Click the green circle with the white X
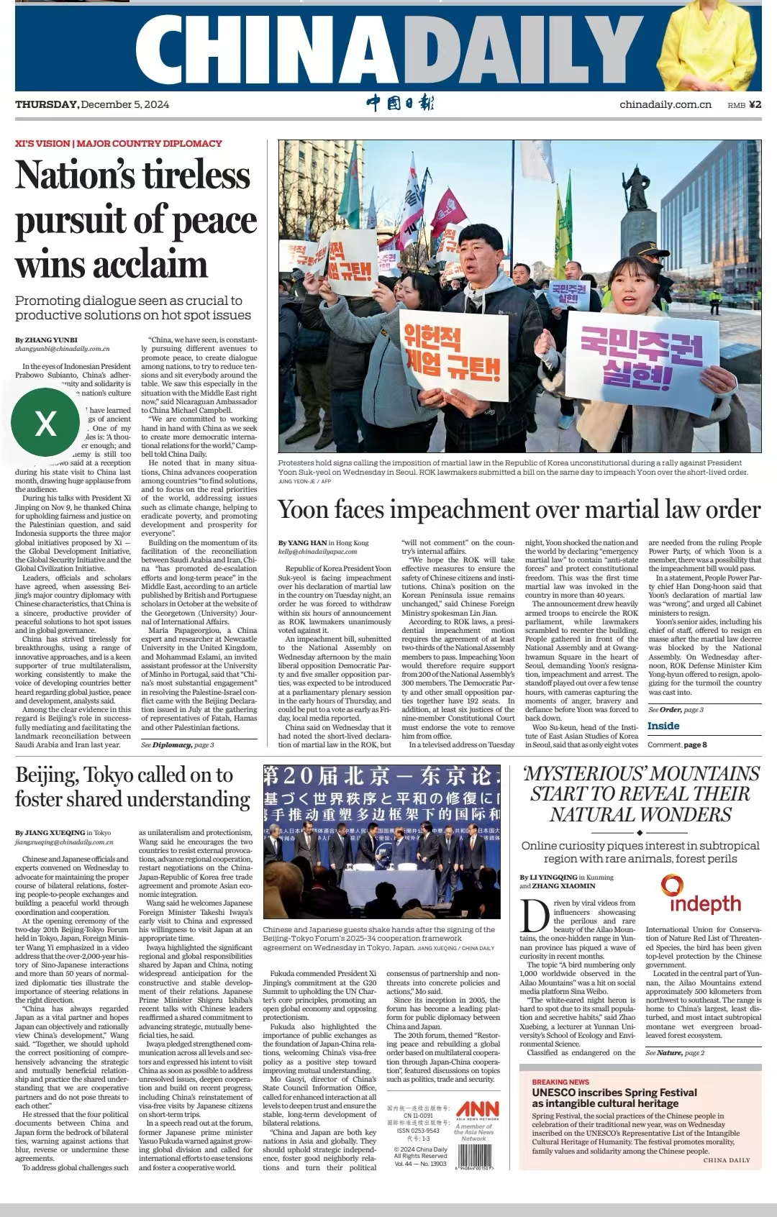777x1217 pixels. coord(45,422)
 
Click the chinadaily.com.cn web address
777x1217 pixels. coord(665,105)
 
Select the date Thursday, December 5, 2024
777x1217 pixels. coord(92,105)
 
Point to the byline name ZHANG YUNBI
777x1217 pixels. coord(50,339)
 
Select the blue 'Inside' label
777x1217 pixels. coord(663,726)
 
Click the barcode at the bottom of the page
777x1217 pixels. coord(474,1156)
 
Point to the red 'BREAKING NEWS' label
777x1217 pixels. coord(560,1082)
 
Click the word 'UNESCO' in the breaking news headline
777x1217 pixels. coord(558,1093)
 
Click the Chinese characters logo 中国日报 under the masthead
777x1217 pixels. coord(399,104)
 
